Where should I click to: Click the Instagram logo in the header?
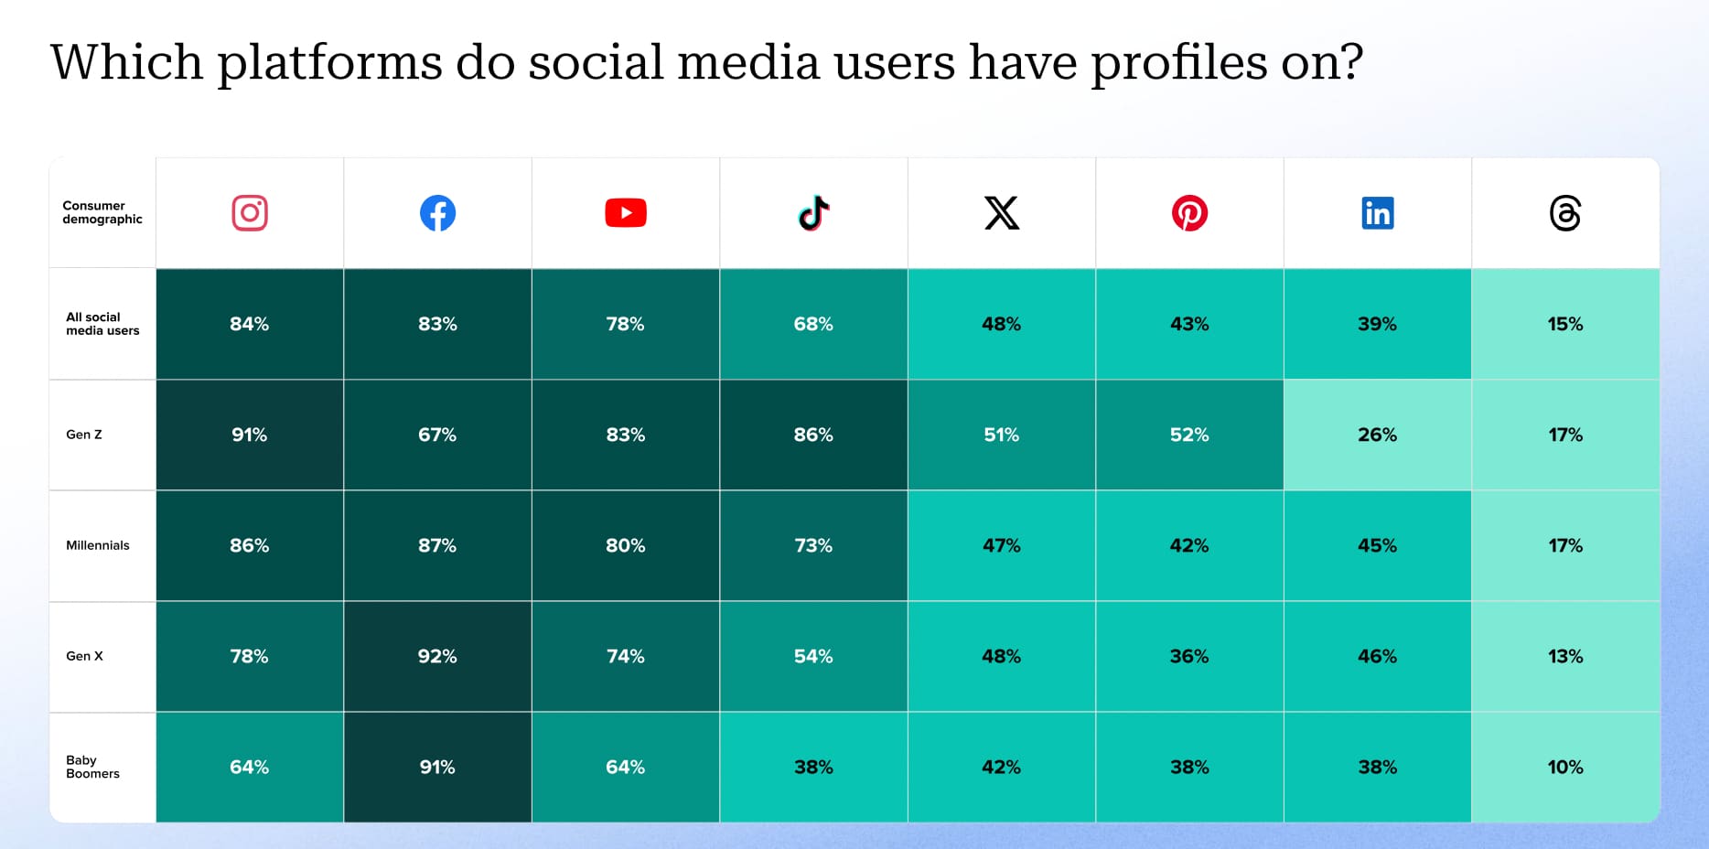pos(250,213)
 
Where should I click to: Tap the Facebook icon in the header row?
pos(437,213)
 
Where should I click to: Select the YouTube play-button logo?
pos(626,213)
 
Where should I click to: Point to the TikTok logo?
pos(813,213)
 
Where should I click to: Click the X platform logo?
pos(1002,213)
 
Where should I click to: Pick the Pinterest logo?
pos(1189,213)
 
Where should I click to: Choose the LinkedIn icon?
pos(1378,213)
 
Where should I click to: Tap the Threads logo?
pos(1565,213)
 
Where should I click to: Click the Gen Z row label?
pos(84,435)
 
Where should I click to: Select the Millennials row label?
pos(98,545)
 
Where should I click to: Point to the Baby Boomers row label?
pos(92,767)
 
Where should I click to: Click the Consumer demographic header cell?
pos(102,212)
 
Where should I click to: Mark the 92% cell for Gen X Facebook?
pos(437,656)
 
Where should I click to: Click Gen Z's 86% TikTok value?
pos(813,435)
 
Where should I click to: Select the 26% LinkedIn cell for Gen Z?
pos(1378,435)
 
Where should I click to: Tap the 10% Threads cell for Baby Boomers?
pos(1565,767)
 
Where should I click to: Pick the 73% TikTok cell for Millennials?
pos(813,545)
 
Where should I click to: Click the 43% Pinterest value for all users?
pos(1189,324)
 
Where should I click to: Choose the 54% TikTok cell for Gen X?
pos(813,656)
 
